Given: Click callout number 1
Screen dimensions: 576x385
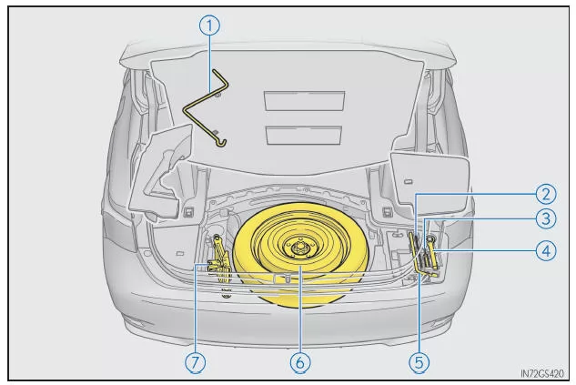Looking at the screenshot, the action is click(210, 25).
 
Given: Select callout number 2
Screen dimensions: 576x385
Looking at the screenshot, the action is click(546, 194).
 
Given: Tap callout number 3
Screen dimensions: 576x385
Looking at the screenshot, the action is click(546, 219).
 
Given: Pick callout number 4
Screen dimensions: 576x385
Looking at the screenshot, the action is click(546, 251).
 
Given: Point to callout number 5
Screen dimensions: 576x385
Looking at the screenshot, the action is click(419, 362).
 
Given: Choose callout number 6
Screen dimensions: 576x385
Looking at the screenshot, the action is click(300, 362).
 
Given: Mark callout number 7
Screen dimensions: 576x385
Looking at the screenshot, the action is click(195, 362).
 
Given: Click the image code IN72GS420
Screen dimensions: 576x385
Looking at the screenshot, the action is click(541, 374).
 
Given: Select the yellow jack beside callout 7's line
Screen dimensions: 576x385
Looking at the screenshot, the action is click(219, 259).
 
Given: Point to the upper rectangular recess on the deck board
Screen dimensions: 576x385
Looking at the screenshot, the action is click(305, 101).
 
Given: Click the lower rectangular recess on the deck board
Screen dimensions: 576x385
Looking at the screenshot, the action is click(304, 136).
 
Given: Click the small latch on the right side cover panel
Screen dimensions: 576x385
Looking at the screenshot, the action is click(408, 181).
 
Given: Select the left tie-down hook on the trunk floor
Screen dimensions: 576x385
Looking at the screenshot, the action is click(188, 212).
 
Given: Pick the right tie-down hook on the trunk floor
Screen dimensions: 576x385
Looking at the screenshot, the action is click(387, 212).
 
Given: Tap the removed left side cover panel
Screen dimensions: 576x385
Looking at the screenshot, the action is click(162, 172).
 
